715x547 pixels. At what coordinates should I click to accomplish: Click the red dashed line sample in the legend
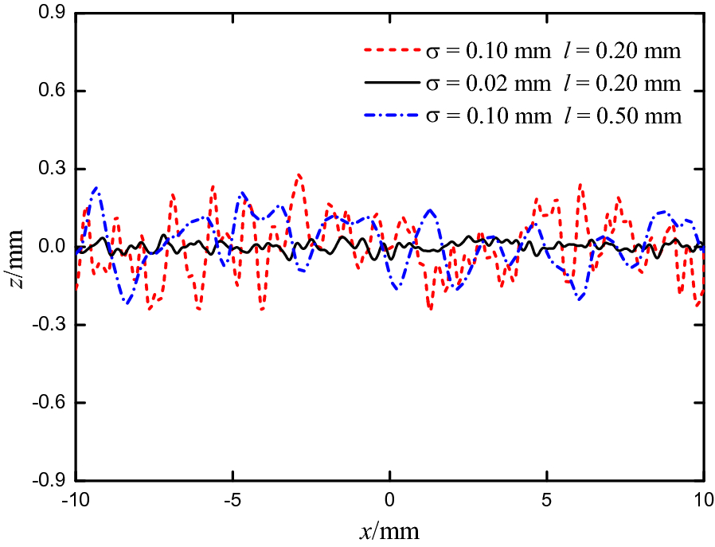point(391,52)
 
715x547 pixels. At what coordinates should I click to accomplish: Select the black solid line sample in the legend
point(391,83)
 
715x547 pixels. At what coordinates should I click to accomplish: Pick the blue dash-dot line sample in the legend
point(391,115)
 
